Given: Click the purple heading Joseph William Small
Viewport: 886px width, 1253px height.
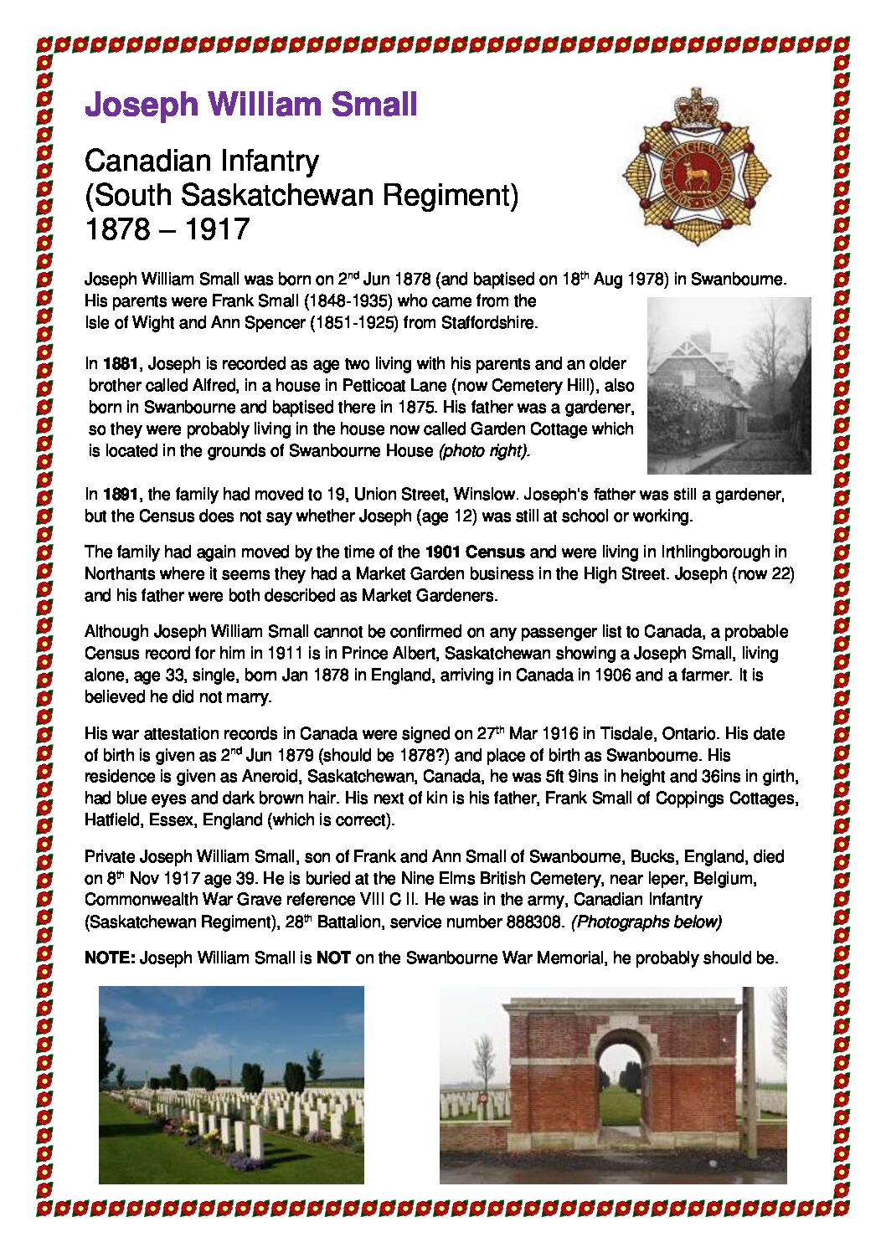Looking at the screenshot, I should coord(250,105).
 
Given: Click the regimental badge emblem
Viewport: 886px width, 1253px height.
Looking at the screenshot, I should coord(695,167).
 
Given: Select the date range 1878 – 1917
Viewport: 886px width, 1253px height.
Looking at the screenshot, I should coord(167,229).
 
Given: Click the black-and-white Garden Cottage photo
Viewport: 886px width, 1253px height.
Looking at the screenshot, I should coord(729,385).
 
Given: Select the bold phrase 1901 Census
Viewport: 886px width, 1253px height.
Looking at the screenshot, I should coord(475,552).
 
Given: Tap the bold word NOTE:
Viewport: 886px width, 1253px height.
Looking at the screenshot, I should coord(110,958).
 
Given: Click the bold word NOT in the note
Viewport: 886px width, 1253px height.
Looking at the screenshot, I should coord(333,958).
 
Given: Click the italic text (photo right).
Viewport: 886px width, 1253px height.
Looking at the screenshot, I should coord(484,451).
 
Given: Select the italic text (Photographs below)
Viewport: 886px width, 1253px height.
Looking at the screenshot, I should coord(646,922).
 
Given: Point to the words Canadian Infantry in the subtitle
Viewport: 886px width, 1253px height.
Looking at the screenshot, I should coord(202,161).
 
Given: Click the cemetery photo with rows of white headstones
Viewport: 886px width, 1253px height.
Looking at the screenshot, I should coord(231,1085).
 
